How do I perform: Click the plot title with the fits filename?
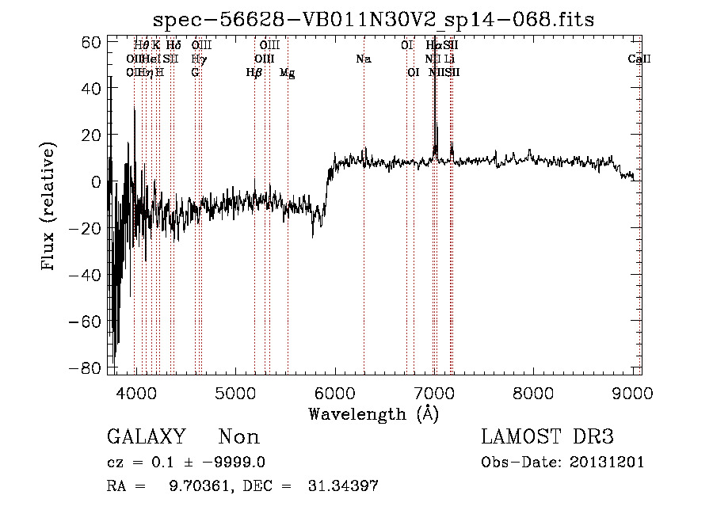pos(375,18)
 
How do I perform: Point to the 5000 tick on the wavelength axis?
pos(235,392)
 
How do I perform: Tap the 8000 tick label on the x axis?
pos(533,392)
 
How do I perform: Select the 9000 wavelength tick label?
pos(632,392)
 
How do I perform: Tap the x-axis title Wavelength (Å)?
pos(373,413)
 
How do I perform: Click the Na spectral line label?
pos(364,59)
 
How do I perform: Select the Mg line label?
pos(288,72)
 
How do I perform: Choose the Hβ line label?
pos(254,72)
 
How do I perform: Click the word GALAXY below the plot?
pos(146,437)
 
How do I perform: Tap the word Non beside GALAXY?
pos(238,437)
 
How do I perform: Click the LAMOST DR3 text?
pos(547,437)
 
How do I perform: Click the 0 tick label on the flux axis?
pos(95,182)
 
